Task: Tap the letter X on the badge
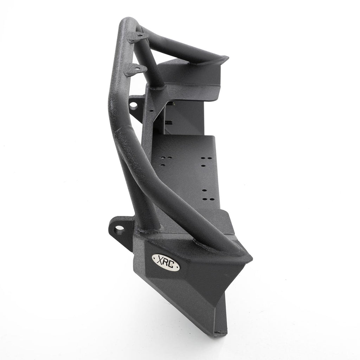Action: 159,260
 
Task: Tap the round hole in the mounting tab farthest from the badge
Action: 134,105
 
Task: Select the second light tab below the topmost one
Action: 137,68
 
